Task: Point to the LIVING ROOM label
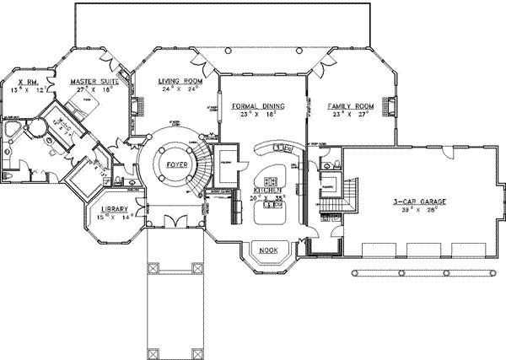pyautogui.click(x=178, y=82)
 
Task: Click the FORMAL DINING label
pyautogui.click(x=257, y=107)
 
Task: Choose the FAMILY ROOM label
pyautogui.click(x=350, y=106)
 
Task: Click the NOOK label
pyautogui.click(x=269, y=250)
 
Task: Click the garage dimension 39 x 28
pyautogui.click(x=413, y=212)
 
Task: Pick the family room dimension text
pyautogui.click(x=350, y=115)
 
